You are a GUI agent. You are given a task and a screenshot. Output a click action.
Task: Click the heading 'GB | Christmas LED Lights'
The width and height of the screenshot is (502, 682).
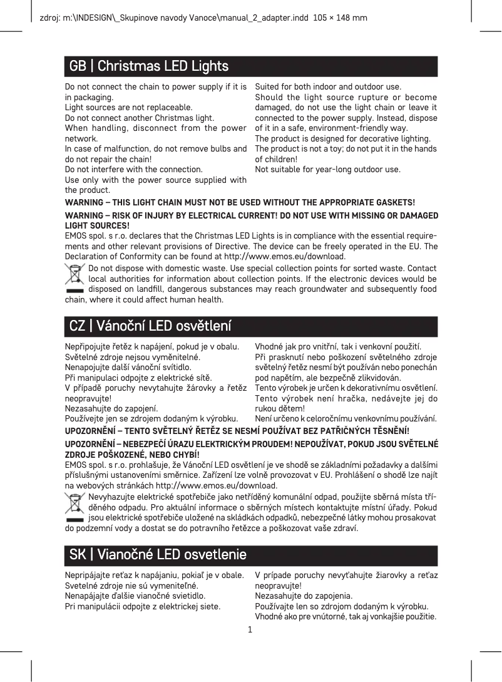coord(149,66)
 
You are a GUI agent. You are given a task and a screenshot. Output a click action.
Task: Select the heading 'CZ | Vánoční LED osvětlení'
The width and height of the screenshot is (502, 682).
coord(150,326)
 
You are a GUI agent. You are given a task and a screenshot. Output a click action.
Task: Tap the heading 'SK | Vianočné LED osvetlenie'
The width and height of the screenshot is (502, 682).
coord(158,555)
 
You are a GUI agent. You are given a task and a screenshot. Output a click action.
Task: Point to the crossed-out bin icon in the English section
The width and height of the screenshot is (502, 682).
coord(75,278)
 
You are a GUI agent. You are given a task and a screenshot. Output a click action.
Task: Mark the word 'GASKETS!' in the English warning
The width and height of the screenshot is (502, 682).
coord(394,203)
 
